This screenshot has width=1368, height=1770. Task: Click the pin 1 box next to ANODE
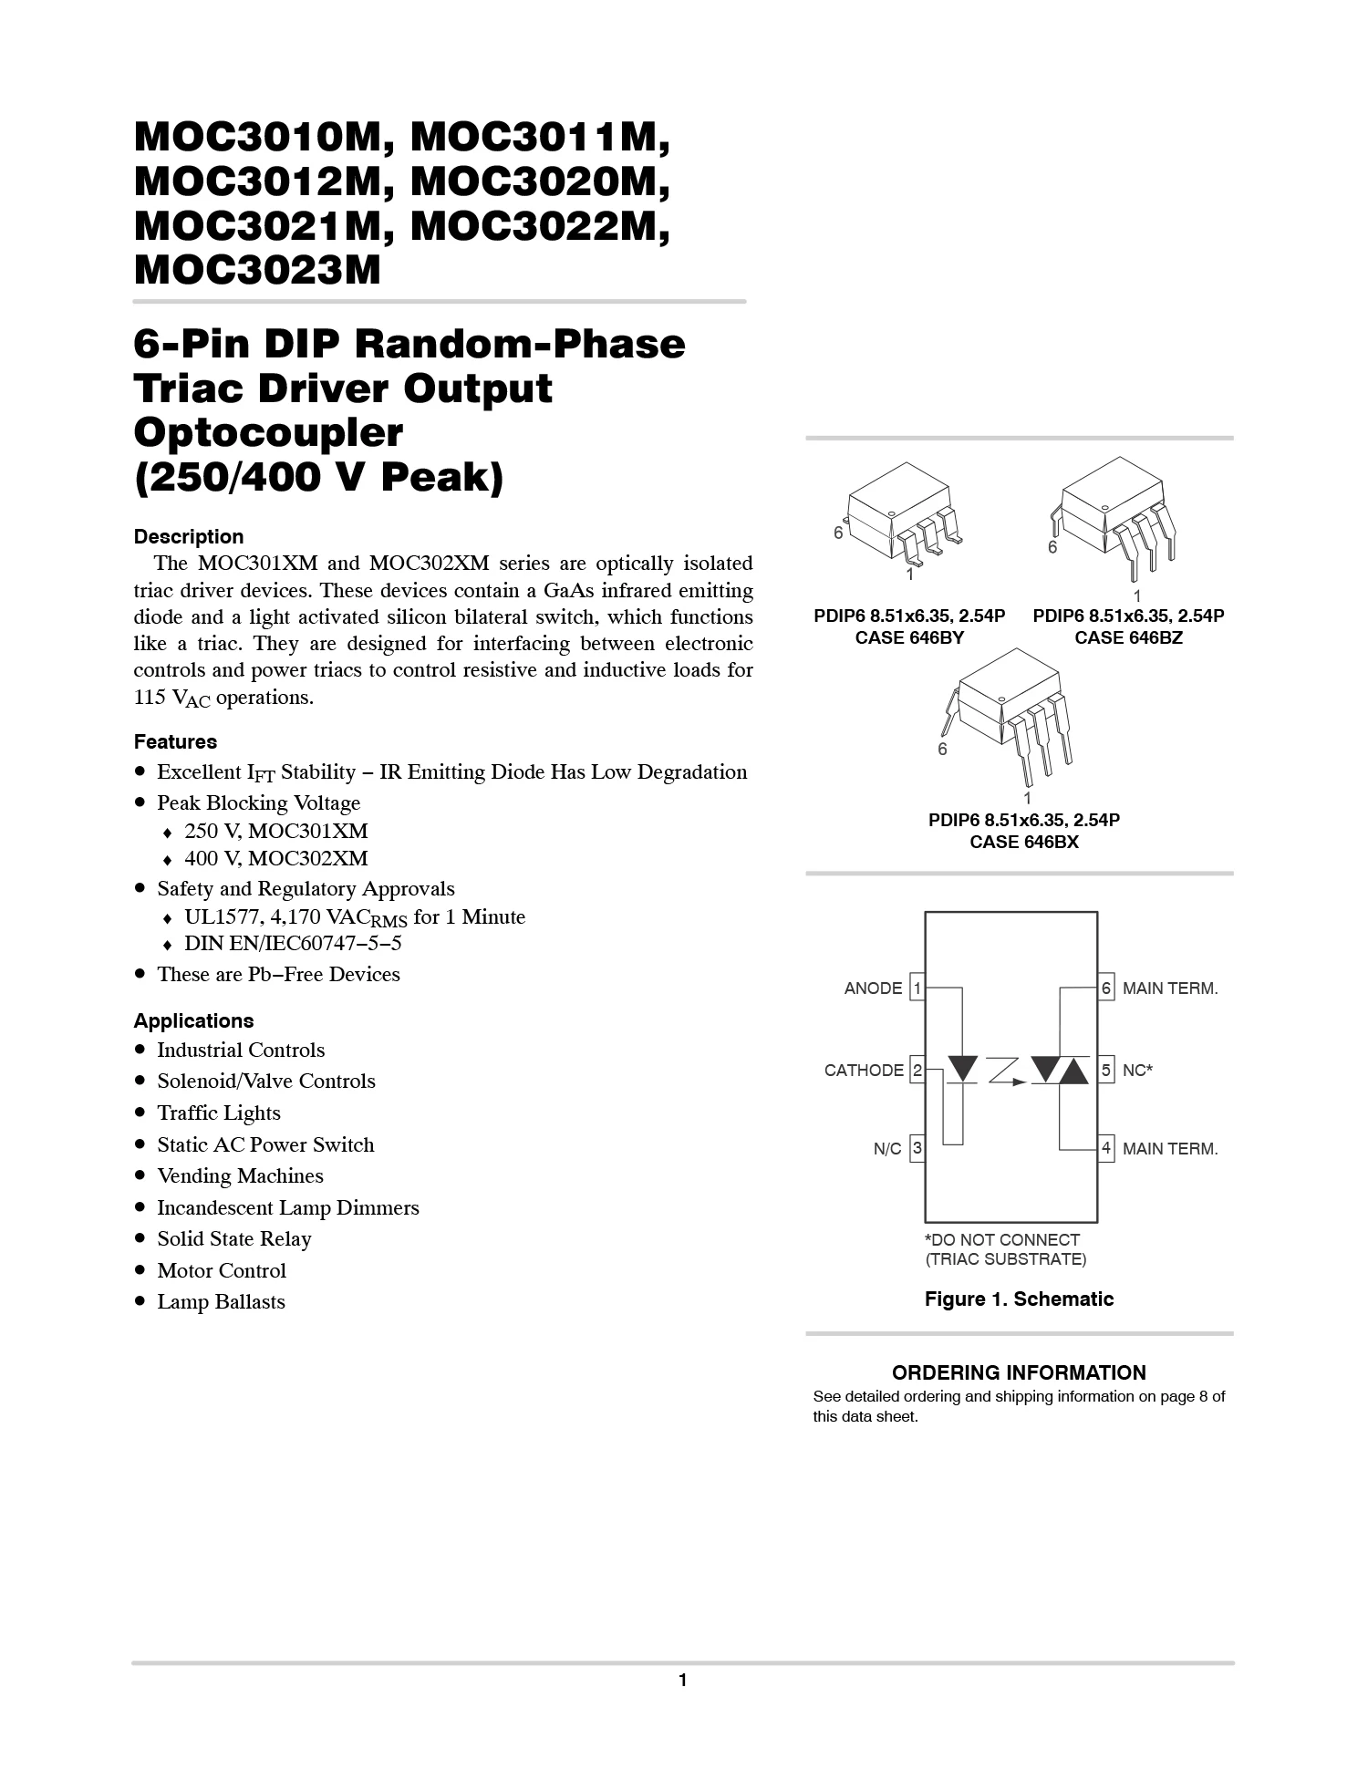(x=917, y=988)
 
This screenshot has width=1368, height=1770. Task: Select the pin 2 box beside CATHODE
(x=917, y=1070)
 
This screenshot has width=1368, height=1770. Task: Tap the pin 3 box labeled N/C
(x=917, y=1148)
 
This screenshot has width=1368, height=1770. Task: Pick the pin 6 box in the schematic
(x=1106, y=988)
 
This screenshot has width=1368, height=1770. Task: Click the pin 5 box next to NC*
(x=1106, y=1070)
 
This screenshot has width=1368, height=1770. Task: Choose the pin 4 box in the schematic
(x=1106, y=1148)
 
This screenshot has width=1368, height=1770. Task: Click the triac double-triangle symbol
(x=1060, y=1070)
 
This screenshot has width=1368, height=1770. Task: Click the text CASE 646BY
(x=909, y=637)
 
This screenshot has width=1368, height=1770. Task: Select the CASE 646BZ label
(x=1128, y=637)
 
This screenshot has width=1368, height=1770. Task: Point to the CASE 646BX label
(x=1024, y=842)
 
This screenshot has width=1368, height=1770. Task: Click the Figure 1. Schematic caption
(x=1019, y=1299)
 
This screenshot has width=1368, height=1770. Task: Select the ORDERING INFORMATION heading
(x=1019, y=1372)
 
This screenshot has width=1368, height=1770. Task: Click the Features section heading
(x=175, y=741)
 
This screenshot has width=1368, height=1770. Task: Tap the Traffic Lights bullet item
(x=218, y=1113)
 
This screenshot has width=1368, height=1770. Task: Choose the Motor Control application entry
(x=221, y=1270)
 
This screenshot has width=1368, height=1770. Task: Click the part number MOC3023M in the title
(x=257, y=270)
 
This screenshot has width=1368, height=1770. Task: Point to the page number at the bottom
(x=682, y=1681)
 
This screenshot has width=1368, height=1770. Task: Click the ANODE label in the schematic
(x=873, y=989)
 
